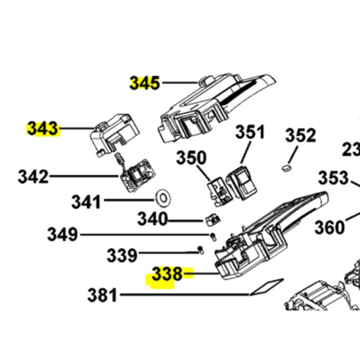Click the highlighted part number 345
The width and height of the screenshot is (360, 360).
[145, 83]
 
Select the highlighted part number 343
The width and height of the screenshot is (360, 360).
[42, 129]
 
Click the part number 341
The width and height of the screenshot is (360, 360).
[86, 203]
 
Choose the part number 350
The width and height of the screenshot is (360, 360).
[192, 157]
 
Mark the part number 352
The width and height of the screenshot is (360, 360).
[300, 136]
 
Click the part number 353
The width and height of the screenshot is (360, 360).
[333, 177]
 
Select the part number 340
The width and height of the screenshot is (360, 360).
[152, 219]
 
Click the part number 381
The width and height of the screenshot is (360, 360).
[102, 296]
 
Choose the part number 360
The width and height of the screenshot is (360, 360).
[329, 227]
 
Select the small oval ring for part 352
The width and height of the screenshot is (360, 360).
[286, 168]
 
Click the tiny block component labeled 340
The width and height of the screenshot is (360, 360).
[210, 220]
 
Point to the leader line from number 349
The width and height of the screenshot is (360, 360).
[141, 235]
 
